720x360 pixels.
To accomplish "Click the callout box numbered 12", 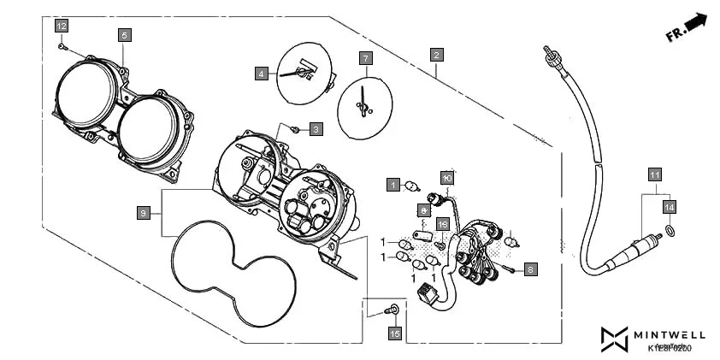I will [x=62, y=26].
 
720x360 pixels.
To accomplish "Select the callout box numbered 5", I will [x=124, y=35].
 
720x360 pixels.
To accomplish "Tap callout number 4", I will [x=261, y=74].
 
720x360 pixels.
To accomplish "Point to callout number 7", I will [x=365, y=59].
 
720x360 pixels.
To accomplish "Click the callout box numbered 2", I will [x=436, y=55].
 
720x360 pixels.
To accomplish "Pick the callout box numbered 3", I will [x=316, y=129].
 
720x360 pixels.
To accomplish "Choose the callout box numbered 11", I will [x=653, y=174].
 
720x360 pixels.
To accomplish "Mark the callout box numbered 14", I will [x=670, y=207].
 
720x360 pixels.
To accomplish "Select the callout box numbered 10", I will [x=446, y=178].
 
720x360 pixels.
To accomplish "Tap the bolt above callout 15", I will [x=394, y=308].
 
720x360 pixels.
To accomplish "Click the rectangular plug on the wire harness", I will [x=425, y=296].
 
